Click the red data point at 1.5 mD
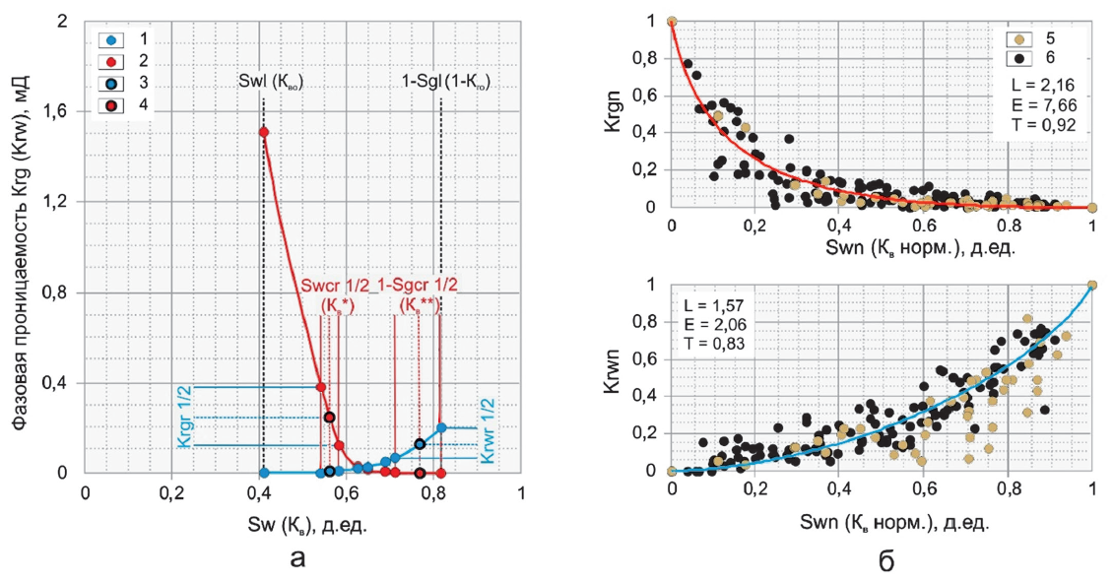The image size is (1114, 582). tap(263, 132)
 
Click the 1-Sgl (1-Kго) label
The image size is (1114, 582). tap(444, 83)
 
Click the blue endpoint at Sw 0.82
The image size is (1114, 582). tap(441, 427)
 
